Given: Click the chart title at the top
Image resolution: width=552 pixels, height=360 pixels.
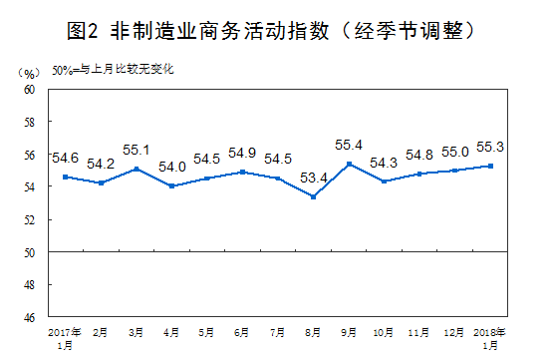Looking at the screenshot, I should coord(276,30).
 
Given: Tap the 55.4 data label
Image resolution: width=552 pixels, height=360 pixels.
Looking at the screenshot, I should coord(349,146).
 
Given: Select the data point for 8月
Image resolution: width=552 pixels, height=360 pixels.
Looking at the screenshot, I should coord(314,196).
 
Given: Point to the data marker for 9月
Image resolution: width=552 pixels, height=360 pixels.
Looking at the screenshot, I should coord(349,164).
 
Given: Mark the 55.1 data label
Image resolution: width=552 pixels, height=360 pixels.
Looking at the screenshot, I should coord(136,151).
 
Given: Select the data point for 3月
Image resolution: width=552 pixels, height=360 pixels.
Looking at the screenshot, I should coord(136,169).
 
